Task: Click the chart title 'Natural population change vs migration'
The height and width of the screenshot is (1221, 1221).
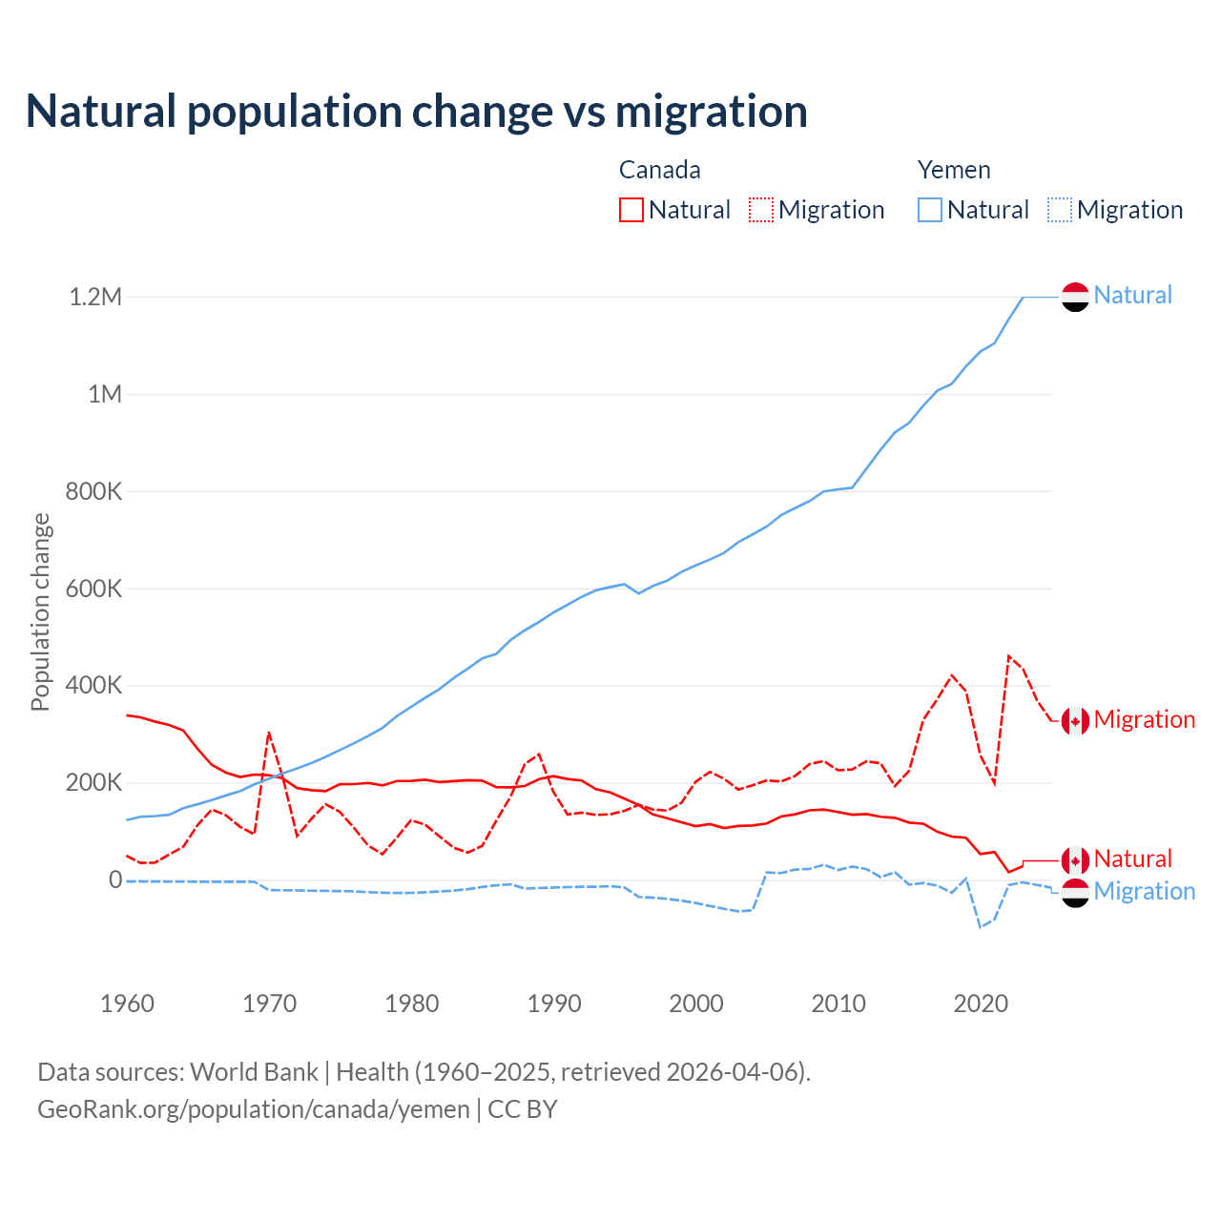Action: pyautogui.click(x=417, y=112)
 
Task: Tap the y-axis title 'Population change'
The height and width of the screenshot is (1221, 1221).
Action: pyautogui.click(x=40, y=611)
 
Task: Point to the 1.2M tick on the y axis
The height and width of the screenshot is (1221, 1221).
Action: pyautogui.click(x=95, y=297)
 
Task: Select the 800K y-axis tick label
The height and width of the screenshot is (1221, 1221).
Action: pyautogui.click(x=94, y=492)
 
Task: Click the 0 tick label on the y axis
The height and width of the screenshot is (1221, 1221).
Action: pyautogui.click(x=115, y=880)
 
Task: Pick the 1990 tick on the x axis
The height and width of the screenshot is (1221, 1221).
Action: pyautogui.click(x=554, y=1004)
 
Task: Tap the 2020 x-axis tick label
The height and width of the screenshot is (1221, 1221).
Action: pyautogui.click(x=981, y=1004)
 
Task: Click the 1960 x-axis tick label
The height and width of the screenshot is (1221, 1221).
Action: pyautogui.click(x=127, y=1004)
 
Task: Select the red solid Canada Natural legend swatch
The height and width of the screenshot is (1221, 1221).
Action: pyautogui.click(x=631, y=210)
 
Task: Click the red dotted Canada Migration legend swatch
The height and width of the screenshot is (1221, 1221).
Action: pyautogui.click(x=761, y=210)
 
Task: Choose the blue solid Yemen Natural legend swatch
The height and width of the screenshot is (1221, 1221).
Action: pyautogui.click(x=930, y=210)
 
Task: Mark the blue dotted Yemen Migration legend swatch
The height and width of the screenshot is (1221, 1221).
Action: pyautogui.click(x=1060, y=210)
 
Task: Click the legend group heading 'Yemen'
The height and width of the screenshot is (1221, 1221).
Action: pyautogui.click(x=954, y=170)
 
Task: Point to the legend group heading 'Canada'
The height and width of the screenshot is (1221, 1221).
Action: pyautogui.click(x=660, y=170)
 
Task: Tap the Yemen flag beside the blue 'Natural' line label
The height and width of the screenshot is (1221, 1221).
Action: pyautogui.click(x=1075, y=297)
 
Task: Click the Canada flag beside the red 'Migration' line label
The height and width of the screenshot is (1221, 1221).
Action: pyautogui.click(x=1075, y=721)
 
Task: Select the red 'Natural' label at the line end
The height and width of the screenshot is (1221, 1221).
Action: pyautogui.click(x=1132, y=859)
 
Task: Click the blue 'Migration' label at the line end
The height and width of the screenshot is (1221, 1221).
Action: pyautogui.click(x=1144, y=892)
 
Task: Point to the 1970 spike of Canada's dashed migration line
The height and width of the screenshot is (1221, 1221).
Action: pyautogui.click(x=269, y=734)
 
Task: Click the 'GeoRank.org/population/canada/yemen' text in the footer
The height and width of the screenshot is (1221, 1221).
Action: pyautogui.click(x=254, y=1109)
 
